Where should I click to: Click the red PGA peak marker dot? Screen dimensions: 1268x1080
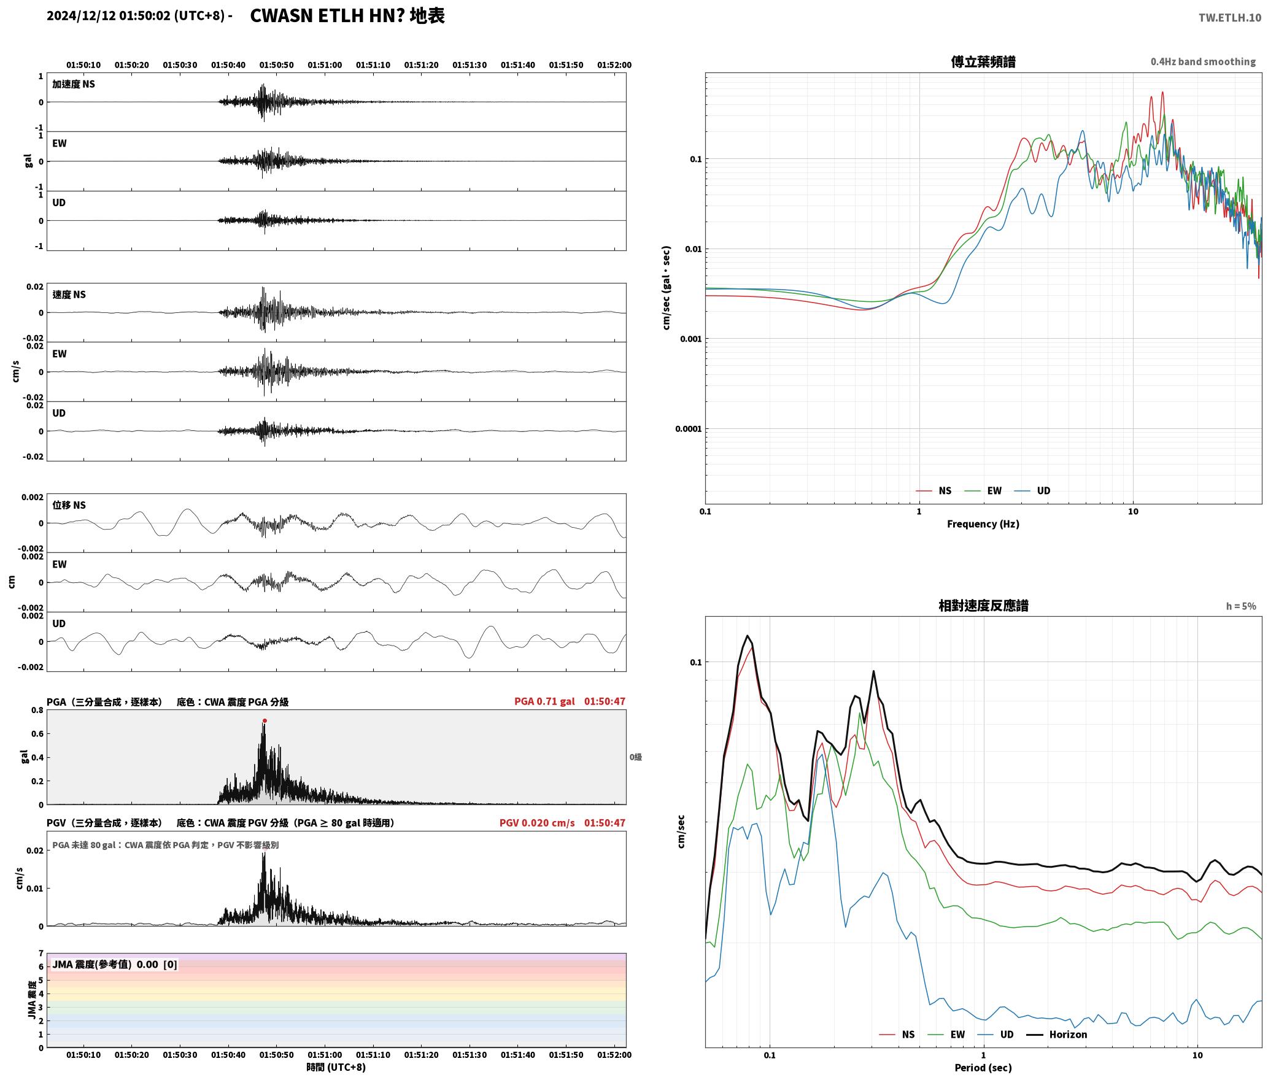tap(265, 720)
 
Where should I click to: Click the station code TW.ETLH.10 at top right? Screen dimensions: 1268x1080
tap(1229, 17)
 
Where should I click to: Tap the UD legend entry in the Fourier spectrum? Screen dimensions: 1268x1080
tap(1032, 490)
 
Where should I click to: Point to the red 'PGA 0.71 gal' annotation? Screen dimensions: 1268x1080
tap(544, 701)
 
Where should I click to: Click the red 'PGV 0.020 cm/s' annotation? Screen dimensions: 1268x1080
tap(537, 823)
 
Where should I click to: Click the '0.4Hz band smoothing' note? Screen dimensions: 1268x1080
tap(1203, 61)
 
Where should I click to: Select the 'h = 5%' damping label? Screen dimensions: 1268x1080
tap(1241, 606)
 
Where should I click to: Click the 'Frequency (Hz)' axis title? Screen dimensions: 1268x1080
tap(983, 524)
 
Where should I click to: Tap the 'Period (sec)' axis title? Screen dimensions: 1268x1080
tap(983, 1068)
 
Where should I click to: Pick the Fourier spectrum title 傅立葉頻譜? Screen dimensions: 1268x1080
tap(983, 61)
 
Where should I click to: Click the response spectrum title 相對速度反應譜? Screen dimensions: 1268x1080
tap(983, 606)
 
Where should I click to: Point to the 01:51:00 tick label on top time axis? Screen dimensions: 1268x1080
tap(325, 65)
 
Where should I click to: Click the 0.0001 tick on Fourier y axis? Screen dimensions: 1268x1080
tap(688, 429)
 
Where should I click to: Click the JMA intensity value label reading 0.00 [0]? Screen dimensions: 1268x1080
tap(157, 965)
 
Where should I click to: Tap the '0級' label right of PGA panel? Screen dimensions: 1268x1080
tap(635, 757)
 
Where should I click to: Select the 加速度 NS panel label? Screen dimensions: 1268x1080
tap(74, 84)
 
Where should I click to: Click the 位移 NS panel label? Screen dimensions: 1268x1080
tap(69, 505)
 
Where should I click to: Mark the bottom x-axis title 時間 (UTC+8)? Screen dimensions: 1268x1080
tap(336, 1067)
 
